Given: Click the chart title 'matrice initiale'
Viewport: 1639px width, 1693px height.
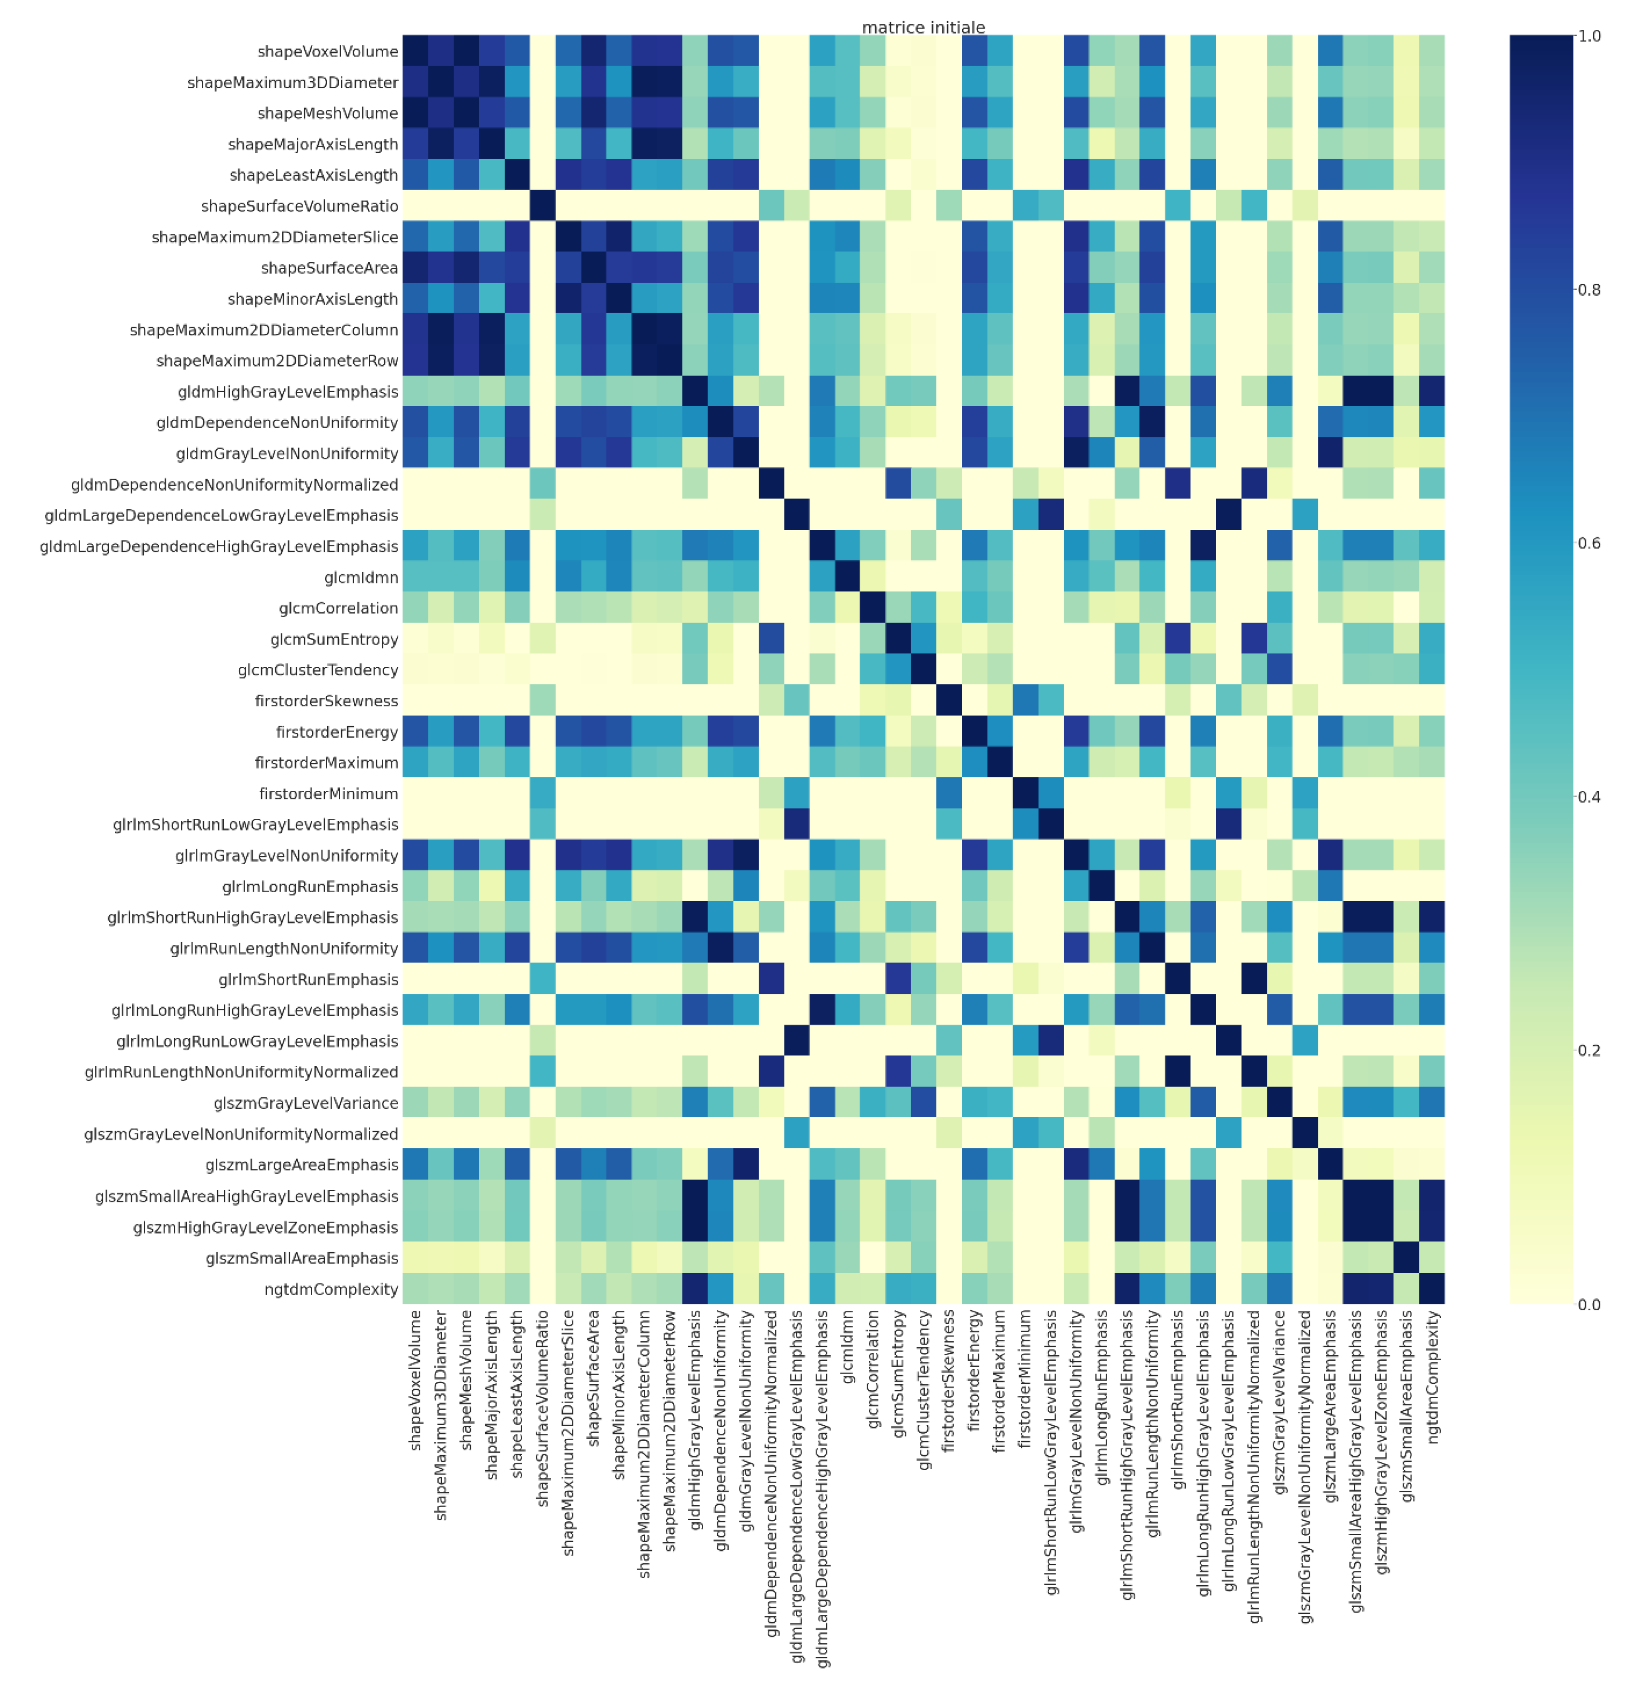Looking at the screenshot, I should click(x=923, y=28).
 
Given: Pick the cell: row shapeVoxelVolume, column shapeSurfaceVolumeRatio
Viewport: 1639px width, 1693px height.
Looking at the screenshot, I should click(x=542, y=52).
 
